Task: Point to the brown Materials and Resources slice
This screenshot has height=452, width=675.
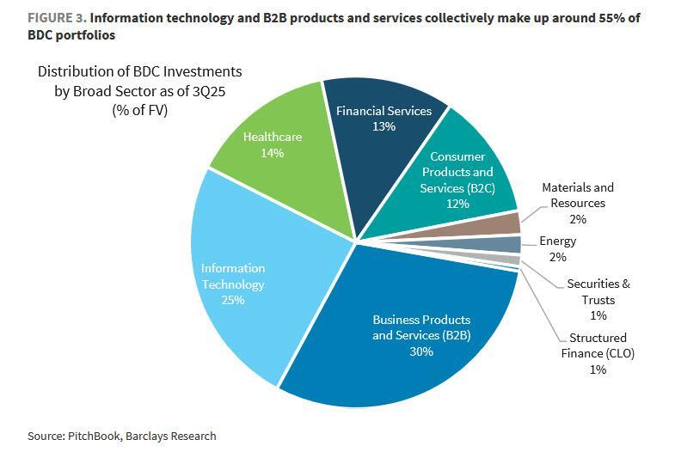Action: (507, 224)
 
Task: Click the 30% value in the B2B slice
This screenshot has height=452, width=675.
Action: (421, 351)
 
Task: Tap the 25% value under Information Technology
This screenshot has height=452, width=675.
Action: (233, 300)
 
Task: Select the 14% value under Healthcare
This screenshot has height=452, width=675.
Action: (273, 153)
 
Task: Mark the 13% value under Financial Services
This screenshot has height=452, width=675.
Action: (384, 127)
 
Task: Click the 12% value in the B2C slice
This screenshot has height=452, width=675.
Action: (457, 204)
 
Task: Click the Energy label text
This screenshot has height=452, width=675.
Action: (557, 242)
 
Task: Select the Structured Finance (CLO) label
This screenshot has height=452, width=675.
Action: (598, 345)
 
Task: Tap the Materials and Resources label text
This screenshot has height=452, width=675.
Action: (577, 195)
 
